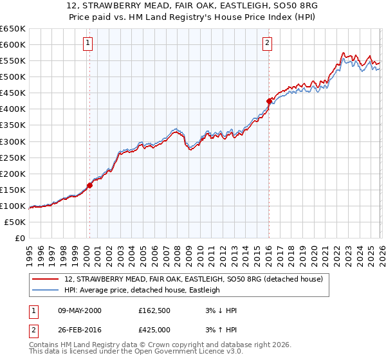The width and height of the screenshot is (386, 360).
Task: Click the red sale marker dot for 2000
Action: pyautogui.click(x=89, y=186)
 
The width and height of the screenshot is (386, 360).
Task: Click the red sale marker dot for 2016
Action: pyautogui.click(x=269, y=101)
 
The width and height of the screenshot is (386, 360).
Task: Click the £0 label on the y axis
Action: pyautogui.click(x=19, y=239)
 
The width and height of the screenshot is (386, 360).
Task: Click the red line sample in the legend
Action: pyautogui.click(x=46, y=279)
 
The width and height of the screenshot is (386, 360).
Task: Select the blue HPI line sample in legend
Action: pyautogui.click(x=46, y=290)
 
